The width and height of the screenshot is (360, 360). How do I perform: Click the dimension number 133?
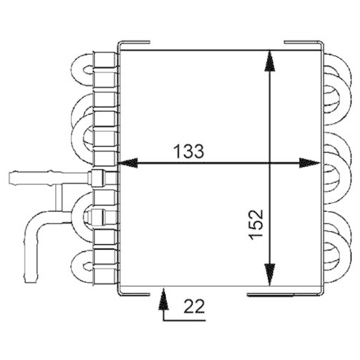click(189, 151)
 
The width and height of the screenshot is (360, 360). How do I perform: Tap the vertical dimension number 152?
click(258, 227)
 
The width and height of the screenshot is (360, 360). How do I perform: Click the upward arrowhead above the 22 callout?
click(162, 295)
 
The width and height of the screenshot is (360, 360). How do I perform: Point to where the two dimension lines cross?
click(270, 164)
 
